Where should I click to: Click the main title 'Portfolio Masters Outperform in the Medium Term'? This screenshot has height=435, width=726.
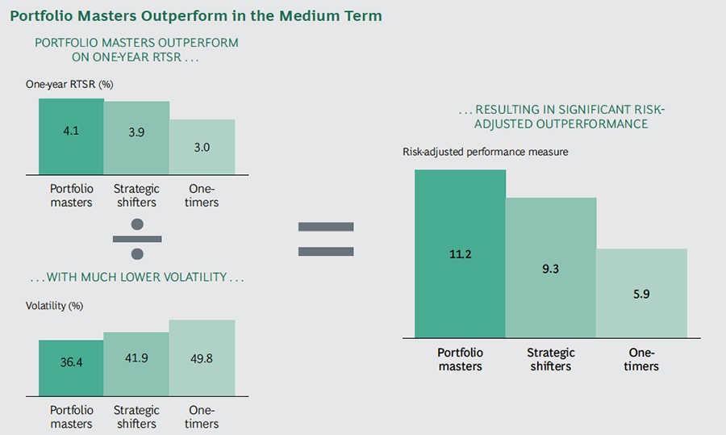pyautogui.click(x=196, y=15)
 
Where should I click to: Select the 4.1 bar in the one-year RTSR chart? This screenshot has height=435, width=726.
pyautogui.click(x=71, y=136)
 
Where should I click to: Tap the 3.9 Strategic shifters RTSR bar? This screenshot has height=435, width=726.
pyautogui.click(x=136, y=138)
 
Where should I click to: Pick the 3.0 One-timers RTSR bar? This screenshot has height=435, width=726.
pyautogui.click(x=202, y=147)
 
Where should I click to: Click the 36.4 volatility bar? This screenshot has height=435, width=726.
pyautogui.click(x=71, y=367)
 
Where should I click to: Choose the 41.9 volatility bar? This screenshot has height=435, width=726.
pyautogui.click(x=136, y=364)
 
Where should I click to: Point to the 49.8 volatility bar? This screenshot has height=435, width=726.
pyautogui.click(x=202, y=358)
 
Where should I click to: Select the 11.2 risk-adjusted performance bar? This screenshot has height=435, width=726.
pyautogui.click(x=460, y=253)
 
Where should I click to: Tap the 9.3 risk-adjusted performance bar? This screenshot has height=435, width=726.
pyautogui.click(x=551, y=268)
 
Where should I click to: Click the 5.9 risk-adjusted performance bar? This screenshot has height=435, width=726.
pyautogui.click(x=641, y=293)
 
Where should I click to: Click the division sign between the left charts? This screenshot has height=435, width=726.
pyautogui.click(x=137, y=239)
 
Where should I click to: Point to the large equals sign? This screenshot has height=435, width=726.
pyautogui.click(x=326, y=239)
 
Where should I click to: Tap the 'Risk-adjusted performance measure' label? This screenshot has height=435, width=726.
pyautogui.click(x=486, y=151)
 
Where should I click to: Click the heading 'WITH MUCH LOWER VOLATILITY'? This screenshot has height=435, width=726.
pyautogui.click(x=137, y=278)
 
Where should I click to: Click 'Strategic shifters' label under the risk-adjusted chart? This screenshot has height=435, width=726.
pyautogui.click(x=551, y=359)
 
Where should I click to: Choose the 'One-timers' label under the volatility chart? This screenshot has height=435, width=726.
pyautogui.click(x=202, y=417)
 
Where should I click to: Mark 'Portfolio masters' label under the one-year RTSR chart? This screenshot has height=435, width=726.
pyautogui.click(x=71, y=195)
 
